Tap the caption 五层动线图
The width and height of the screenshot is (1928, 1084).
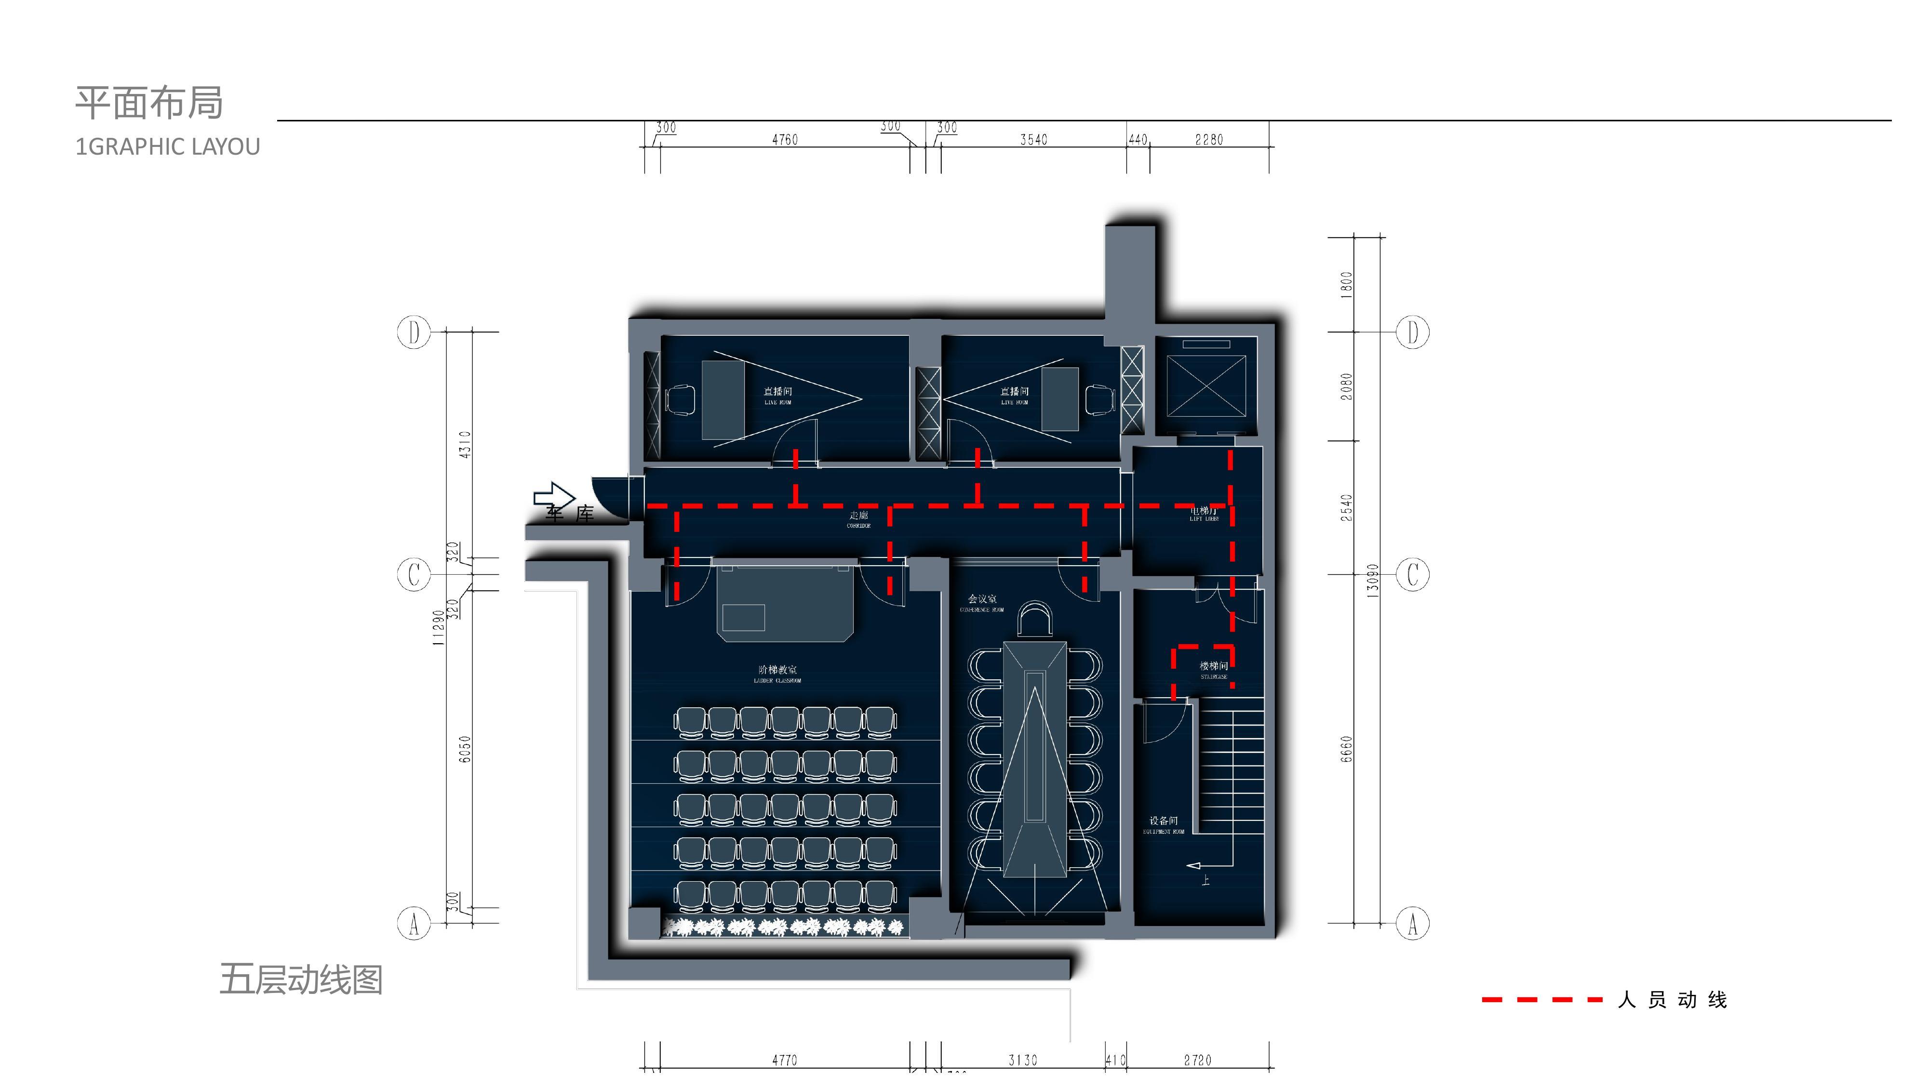(x=301, y=979)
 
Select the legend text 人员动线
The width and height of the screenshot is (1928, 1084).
(x=1672, y=1000)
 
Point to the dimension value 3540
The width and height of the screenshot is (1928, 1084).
(x=1033, y=140)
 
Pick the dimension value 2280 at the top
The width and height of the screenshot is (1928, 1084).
(x=1209, y=140)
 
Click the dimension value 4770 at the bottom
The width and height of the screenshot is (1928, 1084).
(x=784, y=1060)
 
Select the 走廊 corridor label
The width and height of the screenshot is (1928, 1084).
(x=858, y=516)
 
